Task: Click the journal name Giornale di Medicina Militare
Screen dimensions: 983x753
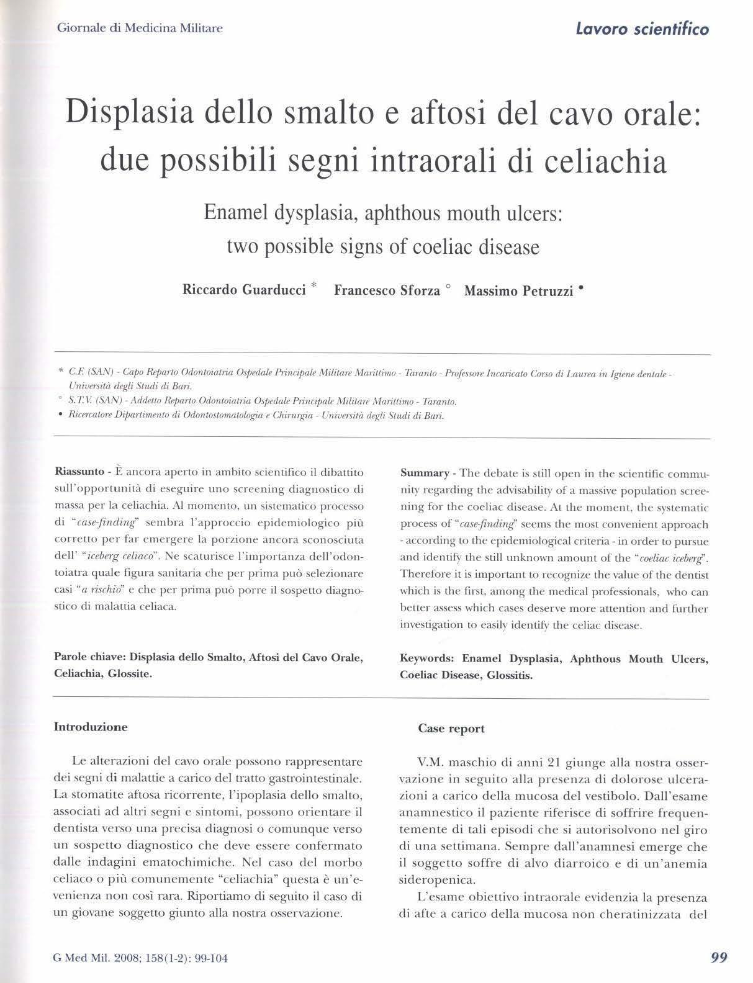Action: tap(140, 28)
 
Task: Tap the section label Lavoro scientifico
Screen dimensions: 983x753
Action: tap(641, 29)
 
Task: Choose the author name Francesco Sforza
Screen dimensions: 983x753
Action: tap(387, 290)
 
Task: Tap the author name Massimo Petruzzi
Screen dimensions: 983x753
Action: tap(518, 290)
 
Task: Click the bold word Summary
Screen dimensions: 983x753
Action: tap(425, 474)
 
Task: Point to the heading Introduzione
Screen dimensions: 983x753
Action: tap(91, 727)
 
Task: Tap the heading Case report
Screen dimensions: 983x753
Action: tap(451, 729)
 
